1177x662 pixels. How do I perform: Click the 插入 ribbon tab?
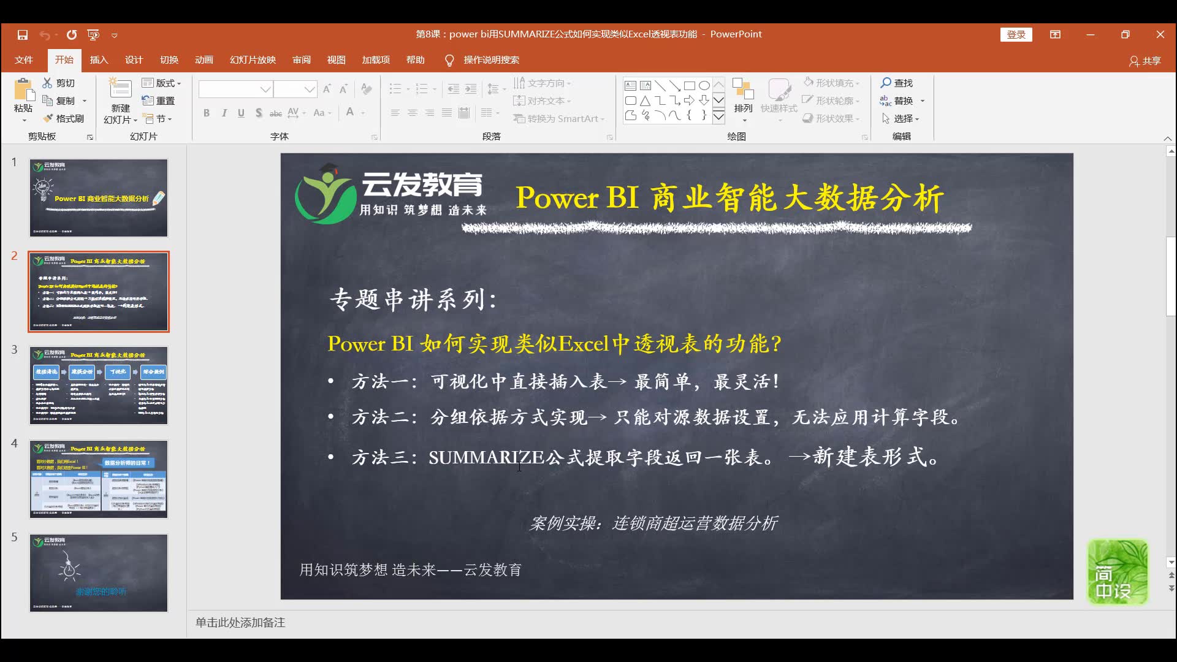(99, 60)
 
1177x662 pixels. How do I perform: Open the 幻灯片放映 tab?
(253, 60)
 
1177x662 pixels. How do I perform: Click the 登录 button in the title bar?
(1016, 35)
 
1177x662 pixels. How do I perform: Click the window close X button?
(1160, 35)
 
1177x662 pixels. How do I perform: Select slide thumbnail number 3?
(99, 386)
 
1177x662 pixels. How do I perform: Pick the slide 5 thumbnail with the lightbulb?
(99, 573)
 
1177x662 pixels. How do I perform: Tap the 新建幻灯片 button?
(120, 101)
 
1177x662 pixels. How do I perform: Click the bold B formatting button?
(207, 113)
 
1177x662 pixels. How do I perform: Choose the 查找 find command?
(897, 83)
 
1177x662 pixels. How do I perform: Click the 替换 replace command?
(897, 101)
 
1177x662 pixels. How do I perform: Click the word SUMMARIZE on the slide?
(486, 457)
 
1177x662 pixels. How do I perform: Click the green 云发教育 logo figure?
(325, 195)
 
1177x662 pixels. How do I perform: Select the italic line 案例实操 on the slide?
(653, 523)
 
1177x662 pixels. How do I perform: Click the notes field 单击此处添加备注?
(240, 623)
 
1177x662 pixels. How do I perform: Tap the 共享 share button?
(1145, 61)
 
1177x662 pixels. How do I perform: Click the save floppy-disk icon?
(23, 35)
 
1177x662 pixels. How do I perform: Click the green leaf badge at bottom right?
(1118, 571)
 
